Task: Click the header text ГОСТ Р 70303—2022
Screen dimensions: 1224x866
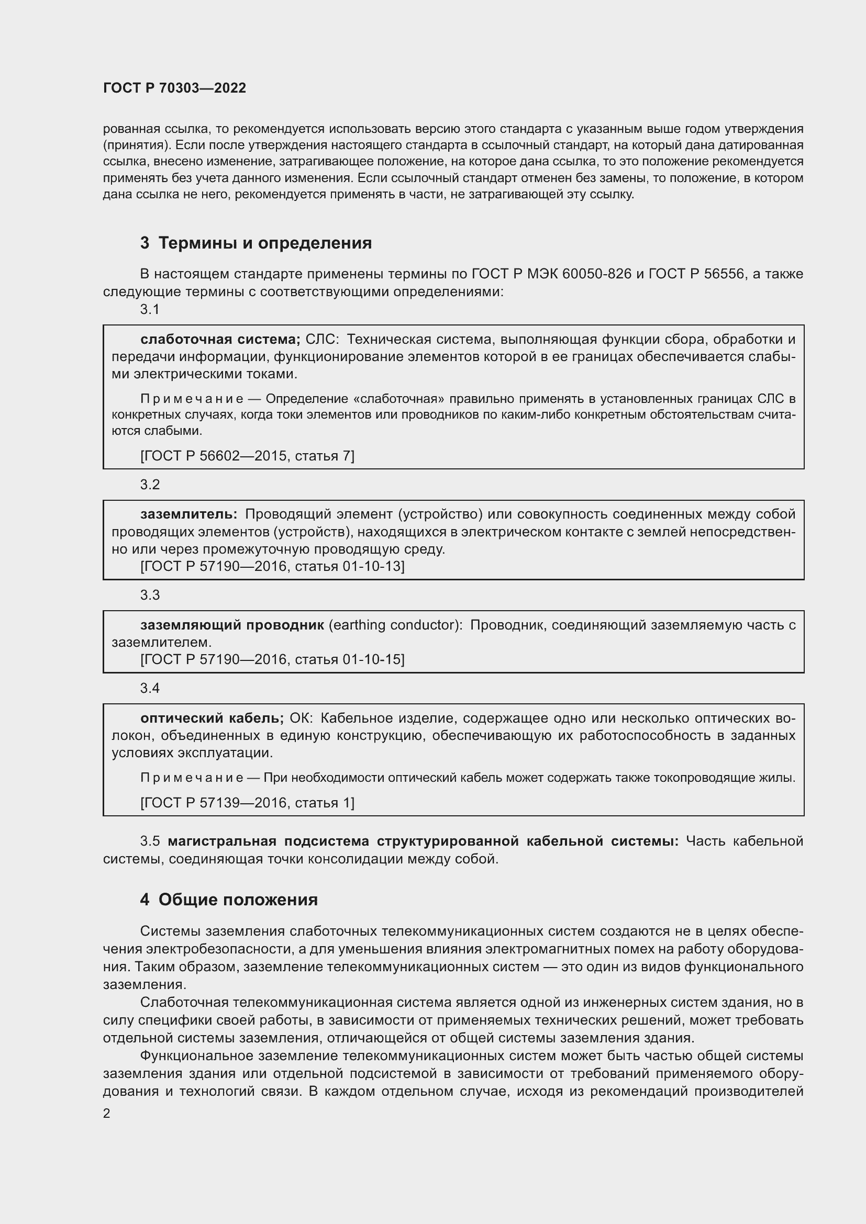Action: click(x=174, y=88)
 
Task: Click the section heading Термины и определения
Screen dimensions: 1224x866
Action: click(x=265, y=243)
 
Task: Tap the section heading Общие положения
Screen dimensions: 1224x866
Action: click(x=238, y=900)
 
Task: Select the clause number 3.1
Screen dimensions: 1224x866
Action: click(x=150, y=310)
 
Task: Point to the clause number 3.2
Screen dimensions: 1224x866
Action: click(x=150, y=485)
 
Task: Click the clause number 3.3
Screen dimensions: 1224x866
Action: click(x=150, y=595)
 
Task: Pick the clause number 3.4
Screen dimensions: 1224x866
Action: click(x=150, y=688)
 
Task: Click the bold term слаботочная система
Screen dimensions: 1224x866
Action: click(x=220, y=340)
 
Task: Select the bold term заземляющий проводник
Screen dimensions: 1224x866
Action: click(x=232, y=625)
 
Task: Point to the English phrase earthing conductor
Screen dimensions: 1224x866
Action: click(x=395, y=625)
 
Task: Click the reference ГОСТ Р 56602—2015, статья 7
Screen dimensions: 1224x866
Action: click(x=247, y=456)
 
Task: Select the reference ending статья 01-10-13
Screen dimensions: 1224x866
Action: click(x=272, y=566)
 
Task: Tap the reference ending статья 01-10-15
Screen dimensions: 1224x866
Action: click(x=272, y=659)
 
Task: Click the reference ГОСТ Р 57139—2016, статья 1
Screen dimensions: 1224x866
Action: click(x=247, y=803)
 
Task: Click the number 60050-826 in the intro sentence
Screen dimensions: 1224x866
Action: click(x=597, y=274)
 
